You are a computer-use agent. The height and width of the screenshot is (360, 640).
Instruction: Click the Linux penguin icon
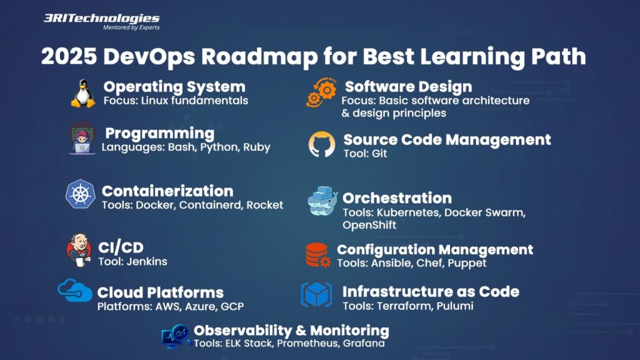point(83,94)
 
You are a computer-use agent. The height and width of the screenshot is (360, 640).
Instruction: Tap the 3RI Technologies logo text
point(102,18)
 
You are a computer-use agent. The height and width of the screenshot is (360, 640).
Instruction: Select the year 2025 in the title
point(69,56)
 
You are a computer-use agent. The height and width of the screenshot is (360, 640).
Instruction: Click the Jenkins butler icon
point(79,250)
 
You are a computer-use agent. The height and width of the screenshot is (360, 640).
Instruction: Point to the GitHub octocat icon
point(322,144)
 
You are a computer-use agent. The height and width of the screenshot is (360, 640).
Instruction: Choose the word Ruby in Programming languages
point(257,147)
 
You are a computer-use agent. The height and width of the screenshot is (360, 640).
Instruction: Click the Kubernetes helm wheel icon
point(81,194)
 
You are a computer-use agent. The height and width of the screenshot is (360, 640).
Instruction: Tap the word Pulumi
point(455,306)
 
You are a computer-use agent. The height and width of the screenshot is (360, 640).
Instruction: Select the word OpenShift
point(369,225)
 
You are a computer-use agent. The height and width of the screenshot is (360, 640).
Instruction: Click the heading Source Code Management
point(447,139)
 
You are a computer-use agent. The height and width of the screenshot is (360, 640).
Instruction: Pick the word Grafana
point(364,343)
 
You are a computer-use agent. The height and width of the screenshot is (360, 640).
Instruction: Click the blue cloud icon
point(75,291)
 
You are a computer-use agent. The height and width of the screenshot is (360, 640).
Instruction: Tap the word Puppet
point(467,263)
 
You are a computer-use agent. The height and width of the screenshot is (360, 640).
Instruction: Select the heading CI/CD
point(121,247)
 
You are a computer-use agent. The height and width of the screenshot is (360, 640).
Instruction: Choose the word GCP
point(232,306)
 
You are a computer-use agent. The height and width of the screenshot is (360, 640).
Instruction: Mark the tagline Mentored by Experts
point(131,27)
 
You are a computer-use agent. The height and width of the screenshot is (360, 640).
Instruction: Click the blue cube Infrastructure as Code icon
point(316,294)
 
